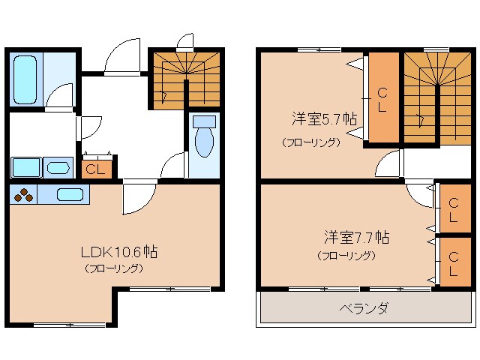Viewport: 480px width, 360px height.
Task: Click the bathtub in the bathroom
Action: [25, 80]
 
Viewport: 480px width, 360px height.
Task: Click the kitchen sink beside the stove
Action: [69, 194]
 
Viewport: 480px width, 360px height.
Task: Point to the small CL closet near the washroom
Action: [96, 169]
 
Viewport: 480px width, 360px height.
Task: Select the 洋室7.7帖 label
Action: [355, 238]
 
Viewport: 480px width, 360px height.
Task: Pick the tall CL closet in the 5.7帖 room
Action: [382, 98]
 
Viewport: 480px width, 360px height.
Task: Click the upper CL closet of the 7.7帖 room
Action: [454, 205]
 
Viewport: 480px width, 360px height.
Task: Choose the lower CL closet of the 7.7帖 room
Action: [454, 259]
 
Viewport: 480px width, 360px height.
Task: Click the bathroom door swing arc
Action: [59, 96]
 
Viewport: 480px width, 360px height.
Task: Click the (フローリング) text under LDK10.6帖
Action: [113, 268]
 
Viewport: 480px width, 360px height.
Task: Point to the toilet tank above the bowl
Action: [202, 121]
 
